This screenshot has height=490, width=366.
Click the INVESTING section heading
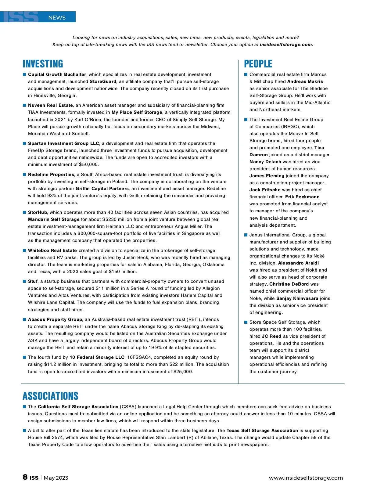point(43,64)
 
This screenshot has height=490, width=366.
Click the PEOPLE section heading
point(258,64)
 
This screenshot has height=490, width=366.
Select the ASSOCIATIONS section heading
point(50,396)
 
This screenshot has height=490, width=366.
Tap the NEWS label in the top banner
point(57,18)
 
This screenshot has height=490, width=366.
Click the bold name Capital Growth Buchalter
point(57,74)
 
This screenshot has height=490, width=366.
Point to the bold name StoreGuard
point(103,81)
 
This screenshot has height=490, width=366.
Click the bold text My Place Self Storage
point(137,112)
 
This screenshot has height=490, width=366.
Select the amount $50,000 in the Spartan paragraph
point(88,164)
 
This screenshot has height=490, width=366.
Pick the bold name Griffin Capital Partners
point(102,189)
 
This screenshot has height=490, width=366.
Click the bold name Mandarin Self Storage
point(54,219)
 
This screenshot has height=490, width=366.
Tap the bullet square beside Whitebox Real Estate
point(24,250)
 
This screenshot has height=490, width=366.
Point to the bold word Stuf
point(33,281)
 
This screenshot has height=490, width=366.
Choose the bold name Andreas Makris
point(305,81)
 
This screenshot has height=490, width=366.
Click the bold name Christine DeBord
point(289,284)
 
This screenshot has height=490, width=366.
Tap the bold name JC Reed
point(271,336)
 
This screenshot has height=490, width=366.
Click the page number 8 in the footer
point(25,477)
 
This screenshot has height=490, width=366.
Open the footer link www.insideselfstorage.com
point(306,478)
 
